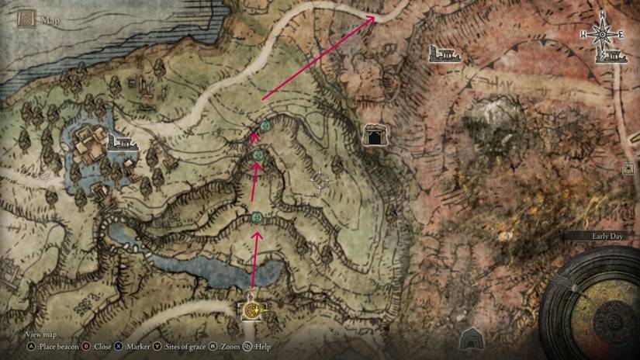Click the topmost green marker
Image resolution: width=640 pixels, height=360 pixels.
pyautogui.click(x=264, y=126)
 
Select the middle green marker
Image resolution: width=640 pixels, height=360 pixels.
pyautogui.click(x=258, y=157)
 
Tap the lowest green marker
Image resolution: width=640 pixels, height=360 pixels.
pyautogui.click(x=257, y=217)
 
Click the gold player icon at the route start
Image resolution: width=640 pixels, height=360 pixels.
pyautogui.click(x=252, y=311)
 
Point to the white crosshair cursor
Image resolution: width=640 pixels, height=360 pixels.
pyautogui.click(x=319, y=181)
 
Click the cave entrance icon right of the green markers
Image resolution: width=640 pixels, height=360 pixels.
pyautogui.click(x=375, y=136)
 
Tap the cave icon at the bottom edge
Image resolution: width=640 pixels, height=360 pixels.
pyautogui.click(x=471, y=339)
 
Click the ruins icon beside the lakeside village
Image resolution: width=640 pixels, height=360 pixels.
pyautogui.click(x=120, y=143)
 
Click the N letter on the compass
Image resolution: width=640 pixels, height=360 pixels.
pyautogui.click(x=602, y=16)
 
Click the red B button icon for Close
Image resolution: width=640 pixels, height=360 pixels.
pyautogui.click(x=86, y=346)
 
